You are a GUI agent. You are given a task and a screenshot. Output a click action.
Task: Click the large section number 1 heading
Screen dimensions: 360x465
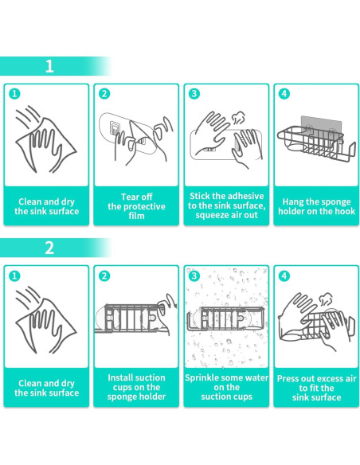pos(49,66)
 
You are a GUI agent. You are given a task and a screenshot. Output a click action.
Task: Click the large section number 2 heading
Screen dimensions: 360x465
pos(49,248)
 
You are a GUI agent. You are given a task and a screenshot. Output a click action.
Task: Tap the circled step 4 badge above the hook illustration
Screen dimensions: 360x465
pos(284,94)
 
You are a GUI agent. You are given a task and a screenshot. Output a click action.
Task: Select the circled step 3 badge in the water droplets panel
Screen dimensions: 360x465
pos(194,275)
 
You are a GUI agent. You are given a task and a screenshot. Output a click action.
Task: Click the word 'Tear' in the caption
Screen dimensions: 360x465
pos(129,197)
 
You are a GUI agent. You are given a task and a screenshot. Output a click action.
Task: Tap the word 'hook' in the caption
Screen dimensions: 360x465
pos(345,211)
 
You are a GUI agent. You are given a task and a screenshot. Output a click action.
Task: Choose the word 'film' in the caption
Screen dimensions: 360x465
pos(136,216)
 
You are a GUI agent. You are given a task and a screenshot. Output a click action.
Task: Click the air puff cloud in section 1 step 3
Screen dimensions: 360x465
pos(238,119)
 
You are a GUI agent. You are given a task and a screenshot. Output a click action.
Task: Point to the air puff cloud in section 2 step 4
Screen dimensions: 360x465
pos(327,300)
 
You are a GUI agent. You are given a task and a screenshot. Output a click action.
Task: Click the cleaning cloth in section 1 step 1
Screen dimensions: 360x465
pos(46,145)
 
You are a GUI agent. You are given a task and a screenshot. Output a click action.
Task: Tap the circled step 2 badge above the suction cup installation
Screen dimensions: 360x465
pos(104,275)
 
